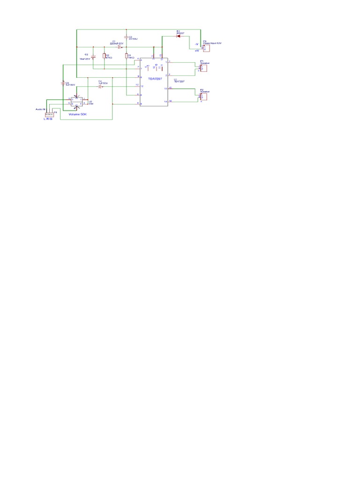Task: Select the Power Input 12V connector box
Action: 206,48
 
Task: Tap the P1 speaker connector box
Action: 203,67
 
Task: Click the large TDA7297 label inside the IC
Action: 155,79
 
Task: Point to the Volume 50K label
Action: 78,114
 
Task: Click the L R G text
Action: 47,119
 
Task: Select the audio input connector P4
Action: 49,114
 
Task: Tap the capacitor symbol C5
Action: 63,83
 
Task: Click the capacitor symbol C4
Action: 100,87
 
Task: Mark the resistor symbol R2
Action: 104,56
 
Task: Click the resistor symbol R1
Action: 126,57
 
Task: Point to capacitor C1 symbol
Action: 119,47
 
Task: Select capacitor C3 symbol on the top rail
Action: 125,37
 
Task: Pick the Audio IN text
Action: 40,109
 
